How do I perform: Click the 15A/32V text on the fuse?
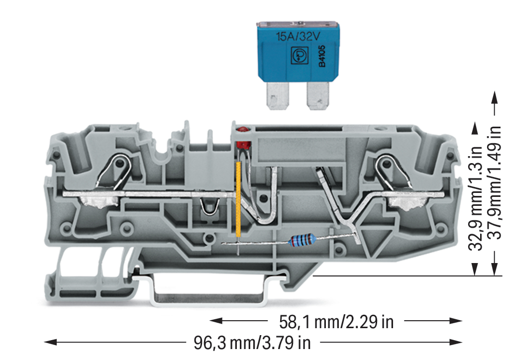click(298, 37)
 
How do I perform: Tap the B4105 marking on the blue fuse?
click(321, 56)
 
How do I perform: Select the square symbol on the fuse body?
click(298, 56)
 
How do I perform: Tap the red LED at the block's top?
click(242, 130)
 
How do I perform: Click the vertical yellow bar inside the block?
click(239, 200)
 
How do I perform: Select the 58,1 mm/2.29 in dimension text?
click(336, 322)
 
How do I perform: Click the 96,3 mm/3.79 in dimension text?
click(252, 342)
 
